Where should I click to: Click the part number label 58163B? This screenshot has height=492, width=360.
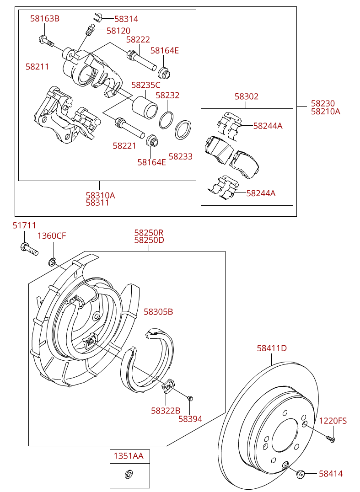pos(45,19)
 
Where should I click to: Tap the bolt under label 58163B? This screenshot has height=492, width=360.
pos(46,41)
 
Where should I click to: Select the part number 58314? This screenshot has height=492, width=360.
pos(126,19)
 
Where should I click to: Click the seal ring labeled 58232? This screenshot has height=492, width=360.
pos(167,120)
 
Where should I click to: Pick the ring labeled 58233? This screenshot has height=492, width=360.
pos(183,130)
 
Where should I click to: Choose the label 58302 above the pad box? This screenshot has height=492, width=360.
pos(247,96)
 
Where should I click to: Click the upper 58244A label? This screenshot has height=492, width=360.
pos(268,126)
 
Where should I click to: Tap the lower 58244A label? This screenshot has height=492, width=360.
pos(261,193)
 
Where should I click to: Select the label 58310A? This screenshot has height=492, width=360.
pos(100,195)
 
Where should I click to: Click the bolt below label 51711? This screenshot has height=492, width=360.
pos(29,249)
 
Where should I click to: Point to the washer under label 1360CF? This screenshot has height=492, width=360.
pos(53,262)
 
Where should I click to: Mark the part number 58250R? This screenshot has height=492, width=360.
pos(149,233)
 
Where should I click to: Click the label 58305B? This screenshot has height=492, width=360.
pos(158,312)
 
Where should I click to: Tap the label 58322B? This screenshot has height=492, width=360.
pos(166,411)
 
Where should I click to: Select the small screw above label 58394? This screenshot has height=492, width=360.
pos(191,398)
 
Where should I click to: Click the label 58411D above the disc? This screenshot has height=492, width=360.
pos(272,348)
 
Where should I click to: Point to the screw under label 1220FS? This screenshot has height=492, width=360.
pos(331,439)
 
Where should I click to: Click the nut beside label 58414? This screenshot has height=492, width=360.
pos(301,474)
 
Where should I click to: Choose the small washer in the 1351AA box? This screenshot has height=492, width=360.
pos(129,474)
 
